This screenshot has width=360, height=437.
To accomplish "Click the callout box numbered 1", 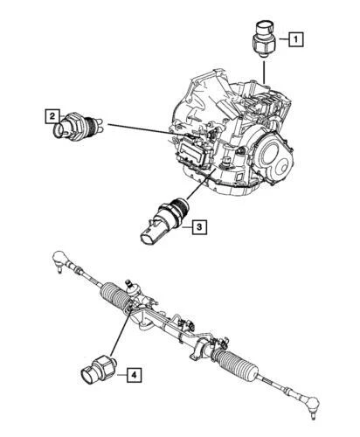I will tap(296, 38).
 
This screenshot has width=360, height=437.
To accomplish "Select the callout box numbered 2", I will tap(52, 114).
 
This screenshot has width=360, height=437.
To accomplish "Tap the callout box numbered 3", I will tap(199, 229).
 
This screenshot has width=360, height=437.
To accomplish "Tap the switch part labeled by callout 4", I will tap(97, 368).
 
